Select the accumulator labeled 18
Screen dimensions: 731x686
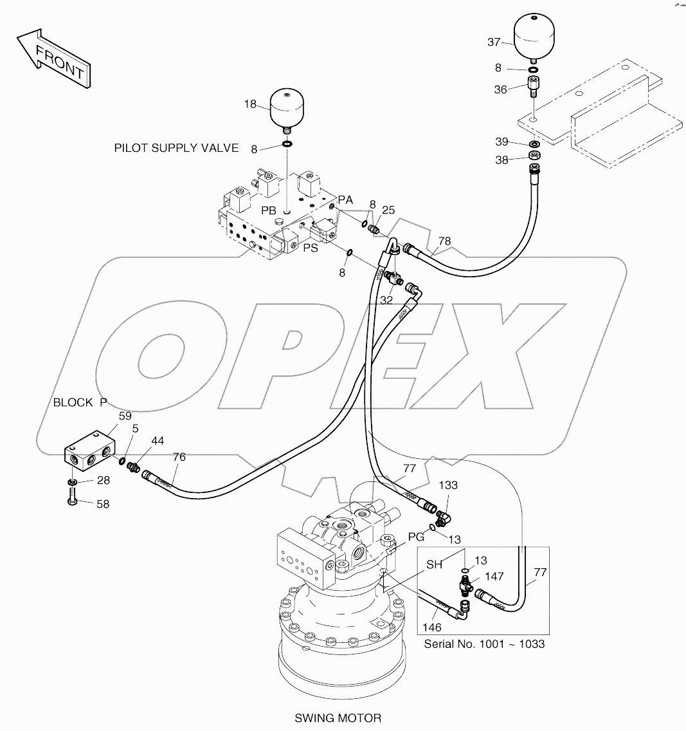[x=287, y=109]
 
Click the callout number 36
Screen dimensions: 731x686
[x=501, y=90]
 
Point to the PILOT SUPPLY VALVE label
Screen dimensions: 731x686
[x=176, y=148]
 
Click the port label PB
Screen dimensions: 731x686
[x=269, y=211]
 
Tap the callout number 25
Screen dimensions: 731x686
[x=388, y=210]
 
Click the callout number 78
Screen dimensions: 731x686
[x=444, y=242]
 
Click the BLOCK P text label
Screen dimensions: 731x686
[x=80, y=403]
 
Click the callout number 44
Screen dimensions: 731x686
[x=157, y=441]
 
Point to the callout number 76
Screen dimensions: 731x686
[x=179, y=457]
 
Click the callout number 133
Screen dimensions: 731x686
[x=449, y=485]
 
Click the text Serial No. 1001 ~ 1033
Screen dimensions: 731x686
[x=484, y=643]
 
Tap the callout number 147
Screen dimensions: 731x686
[x=494, y=577]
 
